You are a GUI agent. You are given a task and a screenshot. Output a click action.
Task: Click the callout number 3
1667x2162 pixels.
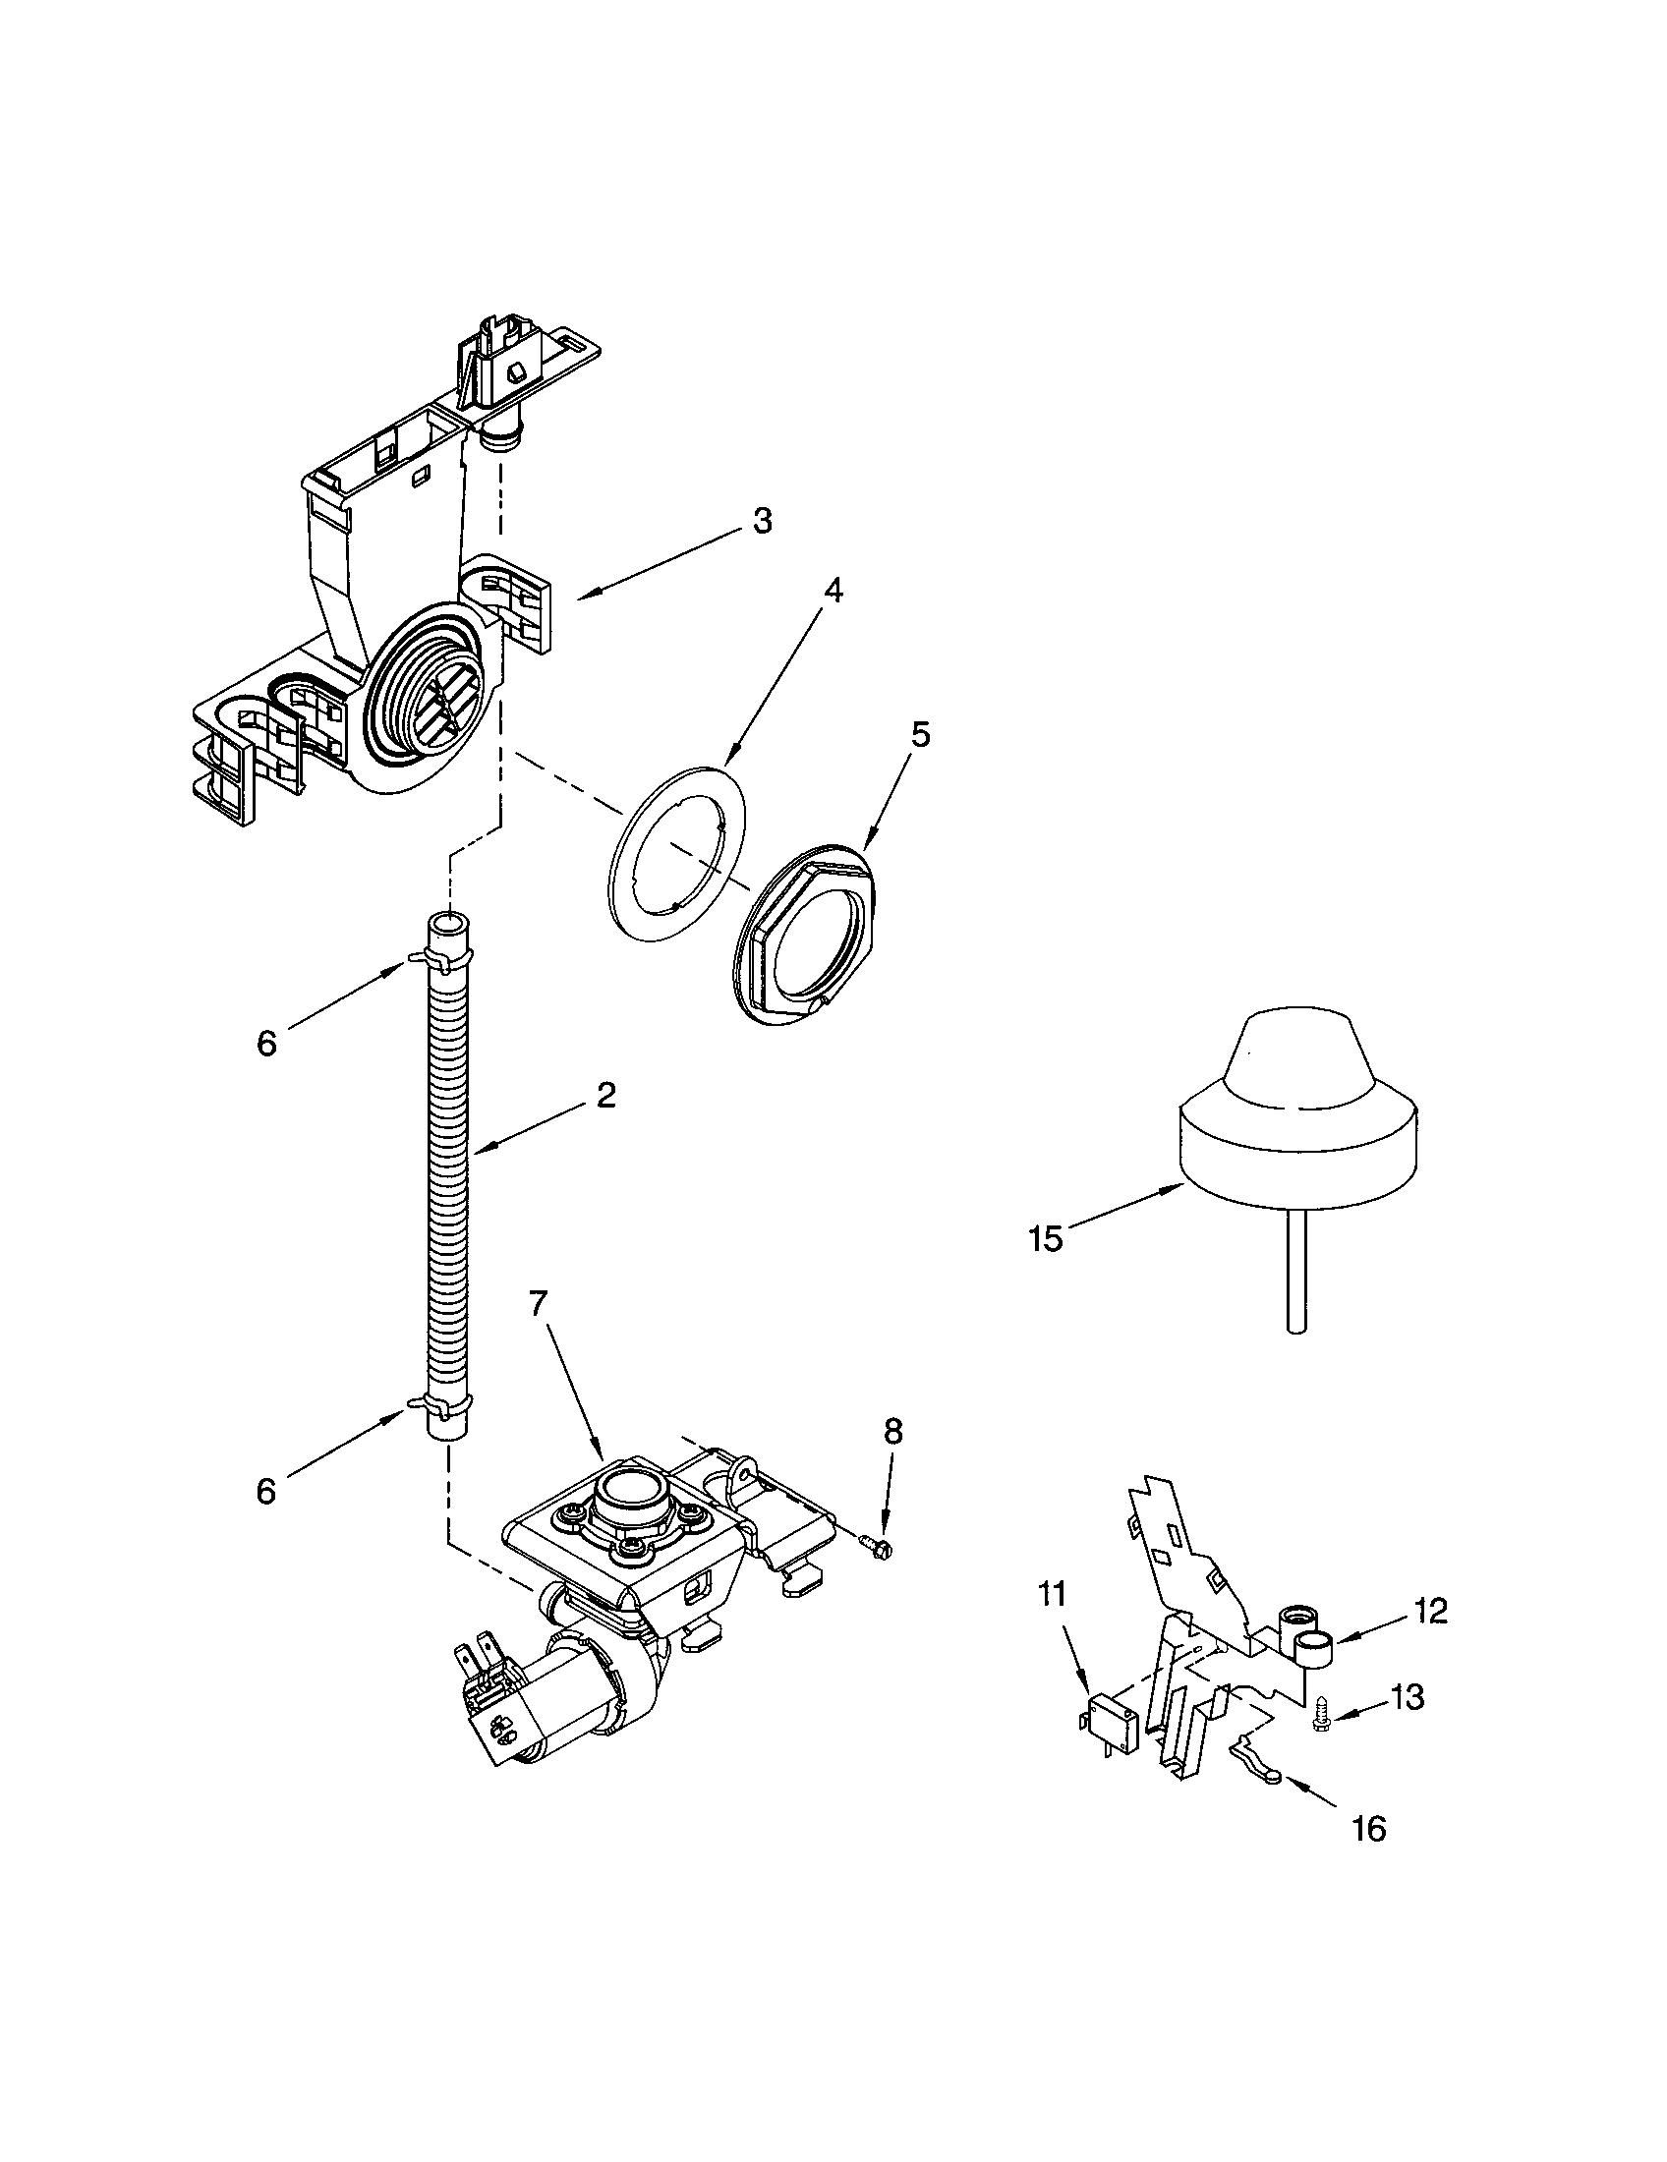760,522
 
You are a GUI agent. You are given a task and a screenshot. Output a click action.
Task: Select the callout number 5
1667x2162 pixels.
921,734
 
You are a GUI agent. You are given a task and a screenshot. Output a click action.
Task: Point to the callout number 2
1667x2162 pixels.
605,1094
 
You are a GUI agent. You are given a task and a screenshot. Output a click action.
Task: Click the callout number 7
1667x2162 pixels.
538,1304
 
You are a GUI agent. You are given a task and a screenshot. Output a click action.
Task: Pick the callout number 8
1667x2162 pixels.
892,1431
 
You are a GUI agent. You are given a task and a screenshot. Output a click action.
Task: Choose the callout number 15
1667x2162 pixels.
1046,1237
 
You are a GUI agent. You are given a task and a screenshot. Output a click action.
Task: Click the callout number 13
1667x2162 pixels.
1407,1697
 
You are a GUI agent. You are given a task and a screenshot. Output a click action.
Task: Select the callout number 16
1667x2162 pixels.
1369,1830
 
